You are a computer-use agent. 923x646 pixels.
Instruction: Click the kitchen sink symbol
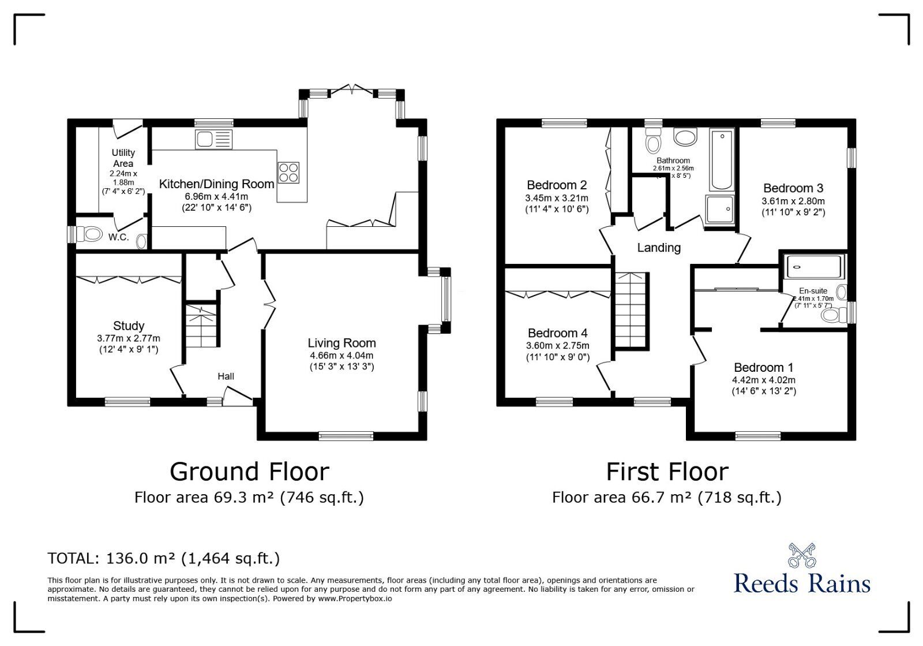tap(213, 139)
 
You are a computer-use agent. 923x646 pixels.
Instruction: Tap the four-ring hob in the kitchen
tap(289, 172)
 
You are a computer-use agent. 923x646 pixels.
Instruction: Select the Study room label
tap(129, 326)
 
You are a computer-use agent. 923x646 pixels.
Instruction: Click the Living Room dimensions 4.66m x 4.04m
tap(341, 356)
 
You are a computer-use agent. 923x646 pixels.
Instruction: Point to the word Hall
tap(226, 376)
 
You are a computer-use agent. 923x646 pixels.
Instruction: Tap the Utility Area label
tap(123, 158)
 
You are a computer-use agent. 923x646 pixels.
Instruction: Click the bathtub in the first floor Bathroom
tap(721, 161)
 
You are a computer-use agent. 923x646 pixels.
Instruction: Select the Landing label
tap(659, 248)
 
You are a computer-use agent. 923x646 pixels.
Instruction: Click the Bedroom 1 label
tap(763, 367)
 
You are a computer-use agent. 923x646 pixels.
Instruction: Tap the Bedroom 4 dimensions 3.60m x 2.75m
tap(558, 345)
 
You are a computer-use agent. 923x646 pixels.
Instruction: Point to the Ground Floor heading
tap(249, 472)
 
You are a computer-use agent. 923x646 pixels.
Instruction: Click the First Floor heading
tap(667, 472)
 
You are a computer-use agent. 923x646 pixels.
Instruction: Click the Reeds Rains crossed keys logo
tap(802, 555)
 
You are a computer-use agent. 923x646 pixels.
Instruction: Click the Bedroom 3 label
tap(793, 188)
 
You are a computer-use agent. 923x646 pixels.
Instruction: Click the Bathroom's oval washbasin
tap(685, 137)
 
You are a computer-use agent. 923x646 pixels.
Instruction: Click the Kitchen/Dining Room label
tap(216, 184)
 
